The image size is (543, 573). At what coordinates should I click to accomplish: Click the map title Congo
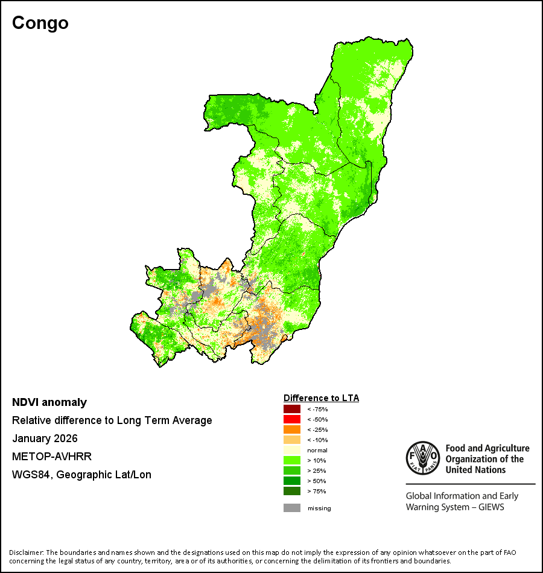40,23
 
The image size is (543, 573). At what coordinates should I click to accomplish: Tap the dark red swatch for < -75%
292,409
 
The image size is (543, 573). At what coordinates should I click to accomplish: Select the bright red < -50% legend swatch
292,419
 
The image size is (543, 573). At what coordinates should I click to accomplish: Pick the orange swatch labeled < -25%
292,429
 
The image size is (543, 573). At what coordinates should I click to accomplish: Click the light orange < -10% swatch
292,440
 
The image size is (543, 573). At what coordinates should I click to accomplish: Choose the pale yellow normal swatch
292,450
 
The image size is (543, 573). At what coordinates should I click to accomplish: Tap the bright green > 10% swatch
292,460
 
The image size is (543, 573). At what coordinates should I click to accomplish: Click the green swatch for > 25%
292,470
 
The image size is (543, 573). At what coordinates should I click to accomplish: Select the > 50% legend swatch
292,481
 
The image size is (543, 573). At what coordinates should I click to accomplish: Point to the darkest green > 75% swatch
292,491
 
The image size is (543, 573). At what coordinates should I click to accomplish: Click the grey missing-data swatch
292,508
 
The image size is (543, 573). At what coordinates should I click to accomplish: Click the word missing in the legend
319,508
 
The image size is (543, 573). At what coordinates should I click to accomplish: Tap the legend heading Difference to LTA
321,398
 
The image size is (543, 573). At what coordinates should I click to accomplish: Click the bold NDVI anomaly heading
49,402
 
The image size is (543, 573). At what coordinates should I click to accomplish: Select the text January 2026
45,438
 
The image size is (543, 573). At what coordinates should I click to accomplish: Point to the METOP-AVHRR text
52,457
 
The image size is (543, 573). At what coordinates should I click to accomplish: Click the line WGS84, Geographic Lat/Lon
81,475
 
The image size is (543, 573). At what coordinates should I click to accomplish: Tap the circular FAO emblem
423,458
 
